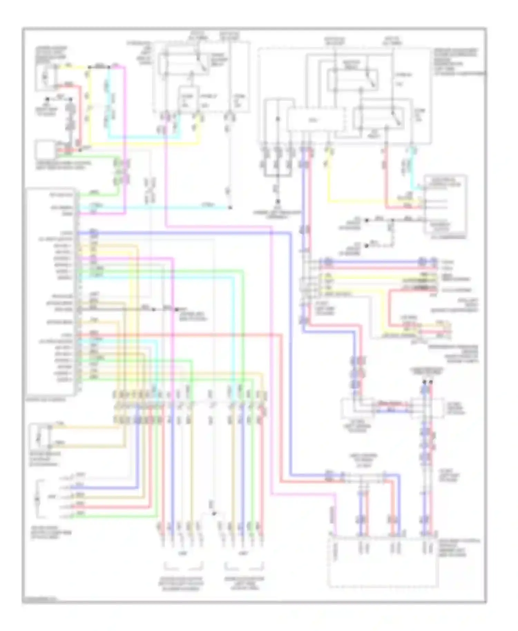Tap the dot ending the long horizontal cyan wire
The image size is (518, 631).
[x=230, y=208]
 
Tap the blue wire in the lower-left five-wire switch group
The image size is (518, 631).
[x=104, y=488]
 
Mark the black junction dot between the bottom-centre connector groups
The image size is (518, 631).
[x=214, y=514]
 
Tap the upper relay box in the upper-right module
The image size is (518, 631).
[x=352, y=79]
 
